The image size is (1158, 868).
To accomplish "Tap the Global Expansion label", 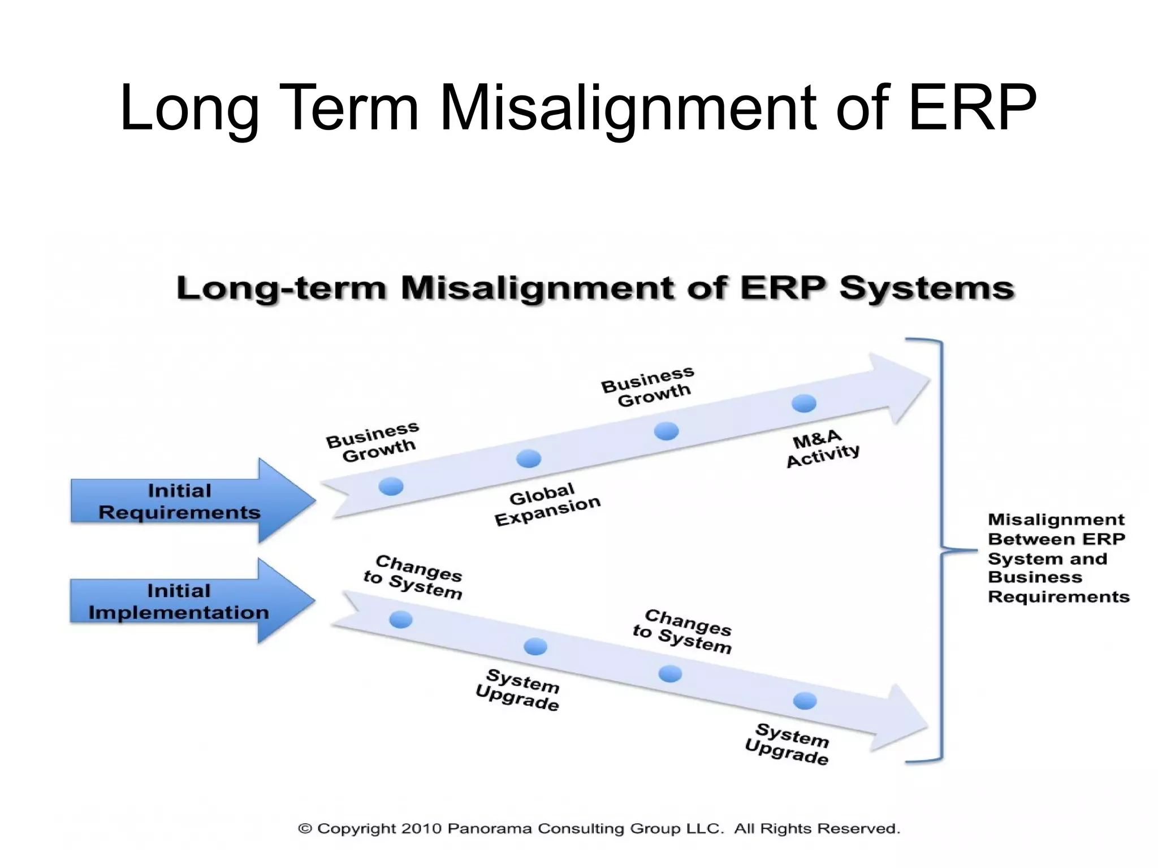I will pyautogui.click(x=547, y=504).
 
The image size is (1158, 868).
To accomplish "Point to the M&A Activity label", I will pyautogui.click(x=822, y=448).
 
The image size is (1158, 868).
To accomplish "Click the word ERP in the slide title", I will pyautogui.click(x=972, y=107).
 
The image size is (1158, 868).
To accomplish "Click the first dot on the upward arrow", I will pyautogui.click(x=391, y=486).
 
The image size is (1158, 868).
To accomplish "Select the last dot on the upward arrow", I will pyautogui.click(x=803, y=403).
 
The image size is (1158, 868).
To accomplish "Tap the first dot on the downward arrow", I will pyautogui.click(x=401, y=620).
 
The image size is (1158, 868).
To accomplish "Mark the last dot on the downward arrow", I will pyautogui.click(x=805, y=701).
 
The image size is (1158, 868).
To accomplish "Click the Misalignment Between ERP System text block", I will pyautogui.click(x=1057, y=558).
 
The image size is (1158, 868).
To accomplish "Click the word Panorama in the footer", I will pyautogui.click(x=489, y=828).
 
